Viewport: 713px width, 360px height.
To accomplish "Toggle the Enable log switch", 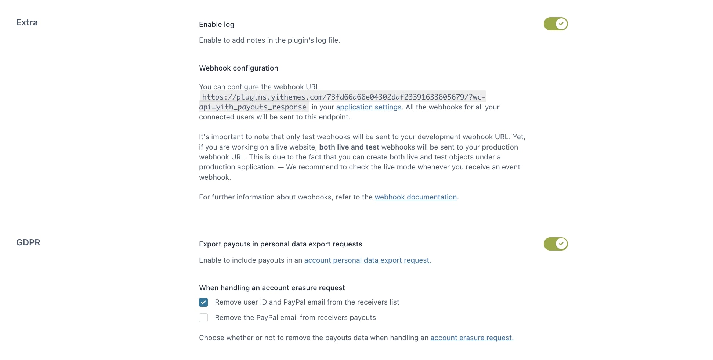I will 555,24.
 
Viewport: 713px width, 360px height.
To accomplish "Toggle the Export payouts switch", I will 555,244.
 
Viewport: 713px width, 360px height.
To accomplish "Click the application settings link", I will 369,107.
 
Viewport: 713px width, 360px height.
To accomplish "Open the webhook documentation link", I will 416,197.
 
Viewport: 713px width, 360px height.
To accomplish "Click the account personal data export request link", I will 368,260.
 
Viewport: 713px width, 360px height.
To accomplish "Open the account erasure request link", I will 472,338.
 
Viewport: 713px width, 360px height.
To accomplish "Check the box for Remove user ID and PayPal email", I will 203,302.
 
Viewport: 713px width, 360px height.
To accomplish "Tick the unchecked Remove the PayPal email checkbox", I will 203,318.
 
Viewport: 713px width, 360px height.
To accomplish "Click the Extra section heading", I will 27,22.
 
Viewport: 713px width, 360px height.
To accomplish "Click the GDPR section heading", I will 28,242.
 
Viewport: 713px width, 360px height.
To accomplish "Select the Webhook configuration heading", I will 239,68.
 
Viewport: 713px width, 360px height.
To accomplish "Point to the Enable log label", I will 217,25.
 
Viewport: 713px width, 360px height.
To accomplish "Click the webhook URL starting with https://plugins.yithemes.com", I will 343,97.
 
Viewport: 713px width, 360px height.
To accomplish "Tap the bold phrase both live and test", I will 349,147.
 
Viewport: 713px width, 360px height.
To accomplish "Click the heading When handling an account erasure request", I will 272,288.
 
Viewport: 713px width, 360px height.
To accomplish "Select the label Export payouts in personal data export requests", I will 281,244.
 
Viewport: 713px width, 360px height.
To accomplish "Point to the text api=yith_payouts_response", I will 253,107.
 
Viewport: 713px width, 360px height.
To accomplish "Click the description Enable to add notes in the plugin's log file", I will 269,40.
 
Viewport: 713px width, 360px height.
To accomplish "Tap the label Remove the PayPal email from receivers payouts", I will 295,318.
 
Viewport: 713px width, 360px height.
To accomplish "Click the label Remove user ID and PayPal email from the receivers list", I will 307,302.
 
